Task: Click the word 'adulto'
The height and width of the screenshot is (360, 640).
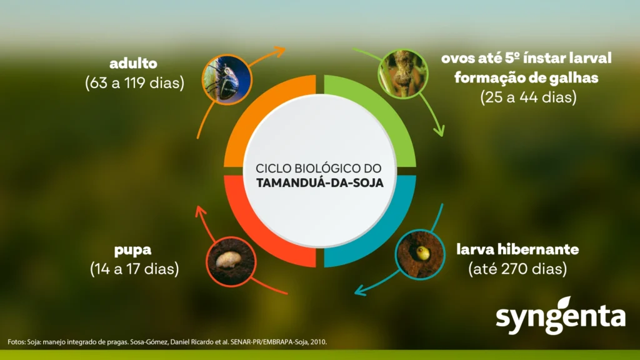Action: pos(134,64)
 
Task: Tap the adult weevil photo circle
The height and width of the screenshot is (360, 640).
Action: pos(227,80)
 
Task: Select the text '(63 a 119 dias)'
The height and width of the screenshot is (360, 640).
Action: pos(135,83)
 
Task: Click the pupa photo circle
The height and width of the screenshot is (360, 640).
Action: pos(231,262)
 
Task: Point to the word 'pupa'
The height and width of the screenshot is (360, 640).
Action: pos(132,250)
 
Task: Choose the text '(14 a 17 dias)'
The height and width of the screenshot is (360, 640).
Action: pos(134,269)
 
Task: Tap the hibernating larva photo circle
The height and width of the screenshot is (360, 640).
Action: pos(420,254)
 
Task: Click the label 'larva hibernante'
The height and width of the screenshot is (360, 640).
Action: pos(517,249)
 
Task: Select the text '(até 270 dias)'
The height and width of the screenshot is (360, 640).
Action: pos(517,269)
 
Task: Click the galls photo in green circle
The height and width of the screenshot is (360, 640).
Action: pos(403,74)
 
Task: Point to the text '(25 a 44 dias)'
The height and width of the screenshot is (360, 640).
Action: pos(529,97)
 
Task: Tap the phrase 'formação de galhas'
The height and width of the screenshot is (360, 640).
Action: pos(526,77)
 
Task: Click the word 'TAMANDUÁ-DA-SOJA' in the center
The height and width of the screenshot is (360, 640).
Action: pos(320,183)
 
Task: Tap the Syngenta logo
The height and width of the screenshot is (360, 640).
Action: pos(561,316)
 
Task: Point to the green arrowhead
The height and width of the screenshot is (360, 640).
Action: pos(439,131)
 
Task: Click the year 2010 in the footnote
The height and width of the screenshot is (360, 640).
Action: pos(318,342)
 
